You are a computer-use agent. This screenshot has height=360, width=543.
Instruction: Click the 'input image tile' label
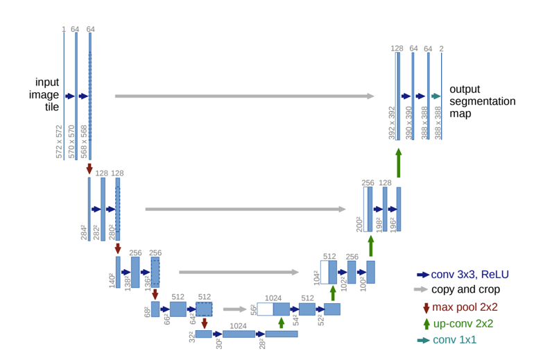43,94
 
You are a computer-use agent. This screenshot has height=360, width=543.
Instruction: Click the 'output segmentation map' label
482,101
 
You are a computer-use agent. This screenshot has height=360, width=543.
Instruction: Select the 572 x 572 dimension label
59,142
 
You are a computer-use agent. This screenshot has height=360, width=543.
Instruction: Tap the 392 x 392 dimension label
391,123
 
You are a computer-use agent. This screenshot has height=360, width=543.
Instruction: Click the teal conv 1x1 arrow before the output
436,96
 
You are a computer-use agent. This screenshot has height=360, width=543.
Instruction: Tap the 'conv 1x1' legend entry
454,340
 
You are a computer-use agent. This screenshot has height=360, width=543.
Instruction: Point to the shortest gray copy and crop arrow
234,309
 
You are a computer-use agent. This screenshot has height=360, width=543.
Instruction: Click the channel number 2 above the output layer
442,49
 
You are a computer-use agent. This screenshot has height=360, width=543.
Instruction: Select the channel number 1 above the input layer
64,29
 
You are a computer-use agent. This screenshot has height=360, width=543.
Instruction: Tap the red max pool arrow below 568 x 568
89,169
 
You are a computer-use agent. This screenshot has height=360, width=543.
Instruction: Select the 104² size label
316,277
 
